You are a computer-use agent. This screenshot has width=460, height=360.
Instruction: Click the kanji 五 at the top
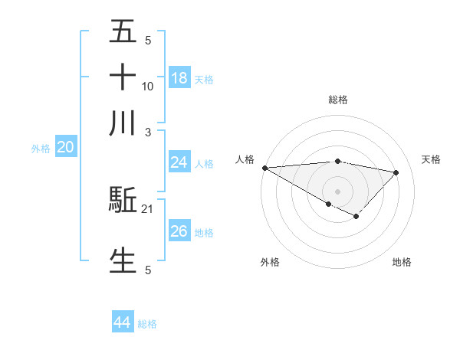click(x=123, y=32)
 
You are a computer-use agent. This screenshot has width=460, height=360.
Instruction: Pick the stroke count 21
click(x=148, y=209)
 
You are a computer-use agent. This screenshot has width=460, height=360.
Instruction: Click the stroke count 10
click(x=148, y=86)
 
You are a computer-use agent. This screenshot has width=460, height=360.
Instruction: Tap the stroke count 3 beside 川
click(x=148, y=131)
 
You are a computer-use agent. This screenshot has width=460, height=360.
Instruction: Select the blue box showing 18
click(x=179, y=78)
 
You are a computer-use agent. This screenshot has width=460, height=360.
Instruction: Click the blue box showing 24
click(x=179, y=162)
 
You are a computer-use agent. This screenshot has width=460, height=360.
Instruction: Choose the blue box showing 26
click(x=179, y=231)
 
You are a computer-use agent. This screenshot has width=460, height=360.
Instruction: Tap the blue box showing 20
click(x=65, y=148)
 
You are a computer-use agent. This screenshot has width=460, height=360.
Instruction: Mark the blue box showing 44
click(x=122, y=322)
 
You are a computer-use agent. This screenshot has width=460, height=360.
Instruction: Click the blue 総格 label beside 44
click(x=147, y=324)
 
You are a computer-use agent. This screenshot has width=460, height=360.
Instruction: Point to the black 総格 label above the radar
click(x=337, y=100)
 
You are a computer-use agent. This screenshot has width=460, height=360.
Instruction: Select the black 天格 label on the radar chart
click(x=432, y=159)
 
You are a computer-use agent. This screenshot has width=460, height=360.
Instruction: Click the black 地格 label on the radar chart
click(x=402, y=262)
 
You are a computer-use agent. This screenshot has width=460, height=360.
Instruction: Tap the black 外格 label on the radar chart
click(x=270, y=262)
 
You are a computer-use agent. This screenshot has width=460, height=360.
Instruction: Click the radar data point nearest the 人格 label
click(x=264, y=167)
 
